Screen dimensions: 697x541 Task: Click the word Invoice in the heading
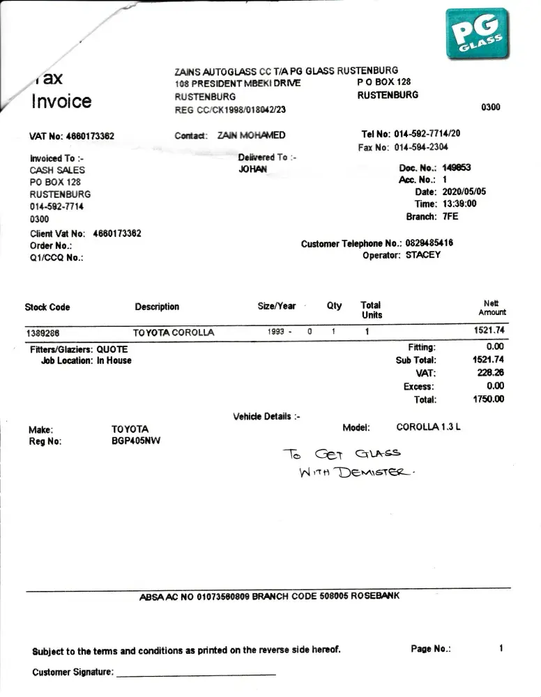(x=61, y=101)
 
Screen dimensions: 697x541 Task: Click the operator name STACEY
(x=423, y=255)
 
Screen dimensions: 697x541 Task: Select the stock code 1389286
(x=43, y=332)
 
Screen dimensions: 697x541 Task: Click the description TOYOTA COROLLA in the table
(x=174, y=332)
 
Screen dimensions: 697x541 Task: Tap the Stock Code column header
(x=47, y=307)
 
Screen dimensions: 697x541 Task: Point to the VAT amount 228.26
(x=491, y=373)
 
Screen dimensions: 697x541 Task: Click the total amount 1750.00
(x=489, y=399)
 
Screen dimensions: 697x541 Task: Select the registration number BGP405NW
(x=135, y=441)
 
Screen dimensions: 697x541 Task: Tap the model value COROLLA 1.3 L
(x=428, y=427)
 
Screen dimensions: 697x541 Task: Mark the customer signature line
(x=196, y=674)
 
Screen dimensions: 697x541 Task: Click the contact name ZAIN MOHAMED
(x=251, y=136)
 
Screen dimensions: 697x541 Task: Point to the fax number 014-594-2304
(x=421, y=147)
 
